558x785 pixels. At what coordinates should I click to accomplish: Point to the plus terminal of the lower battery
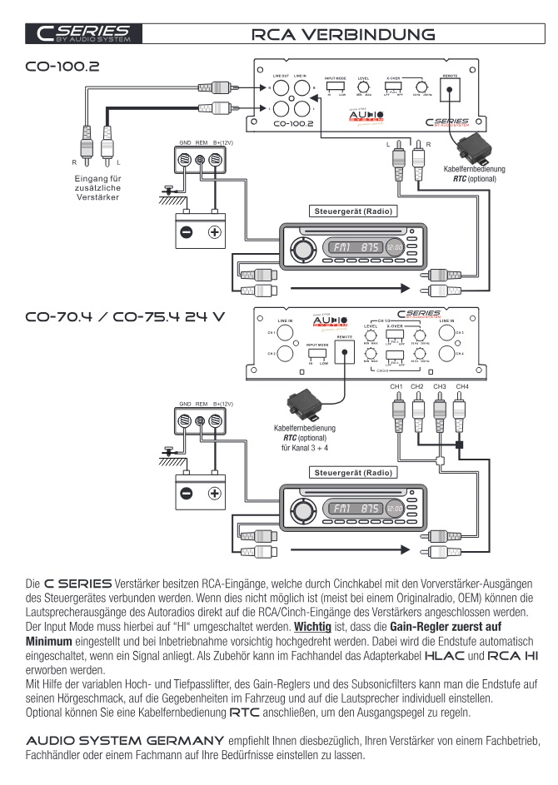coord(214,494)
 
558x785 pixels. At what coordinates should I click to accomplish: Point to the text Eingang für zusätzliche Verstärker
coord(97,188)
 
